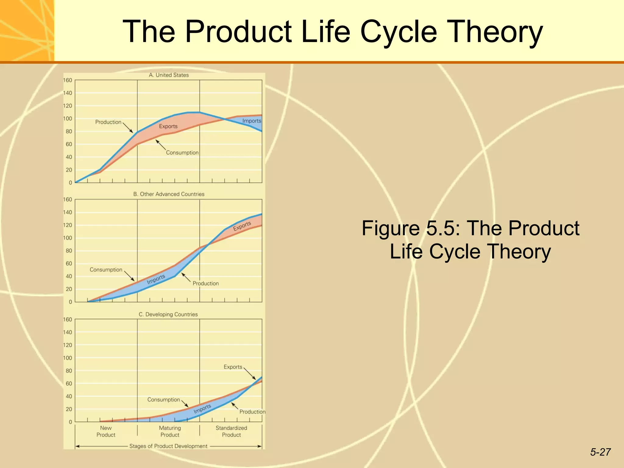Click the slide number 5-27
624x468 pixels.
click(600, 452)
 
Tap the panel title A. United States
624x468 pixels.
click(169, 75)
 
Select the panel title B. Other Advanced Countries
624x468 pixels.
click(169, 194)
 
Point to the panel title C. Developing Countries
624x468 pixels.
click(168, 314)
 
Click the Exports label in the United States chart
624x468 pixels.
click(168, 126)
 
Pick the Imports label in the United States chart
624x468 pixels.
click(252, 121)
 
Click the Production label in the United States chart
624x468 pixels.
click(108, 122)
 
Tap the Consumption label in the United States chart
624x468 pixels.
click(182, 153)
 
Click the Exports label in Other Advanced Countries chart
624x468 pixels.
click(242, 226)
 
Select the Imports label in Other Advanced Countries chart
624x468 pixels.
click(156, 279)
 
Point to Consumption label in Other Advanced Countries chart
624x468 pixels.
click(106, 270)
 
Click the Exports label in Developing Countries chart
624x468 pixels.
click(233, 367)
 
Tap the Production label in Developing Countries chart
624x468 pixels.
click(252, 412)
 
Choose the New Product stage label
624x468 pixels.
click(106, 431)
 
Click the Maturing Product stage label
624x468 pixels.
click(170, 431)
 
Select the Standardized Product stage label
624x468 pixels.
click(231, 431)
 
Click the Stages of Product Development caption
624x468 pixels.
click(168, 446)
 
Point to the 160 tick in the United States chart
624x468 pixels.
click(68, 80)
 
